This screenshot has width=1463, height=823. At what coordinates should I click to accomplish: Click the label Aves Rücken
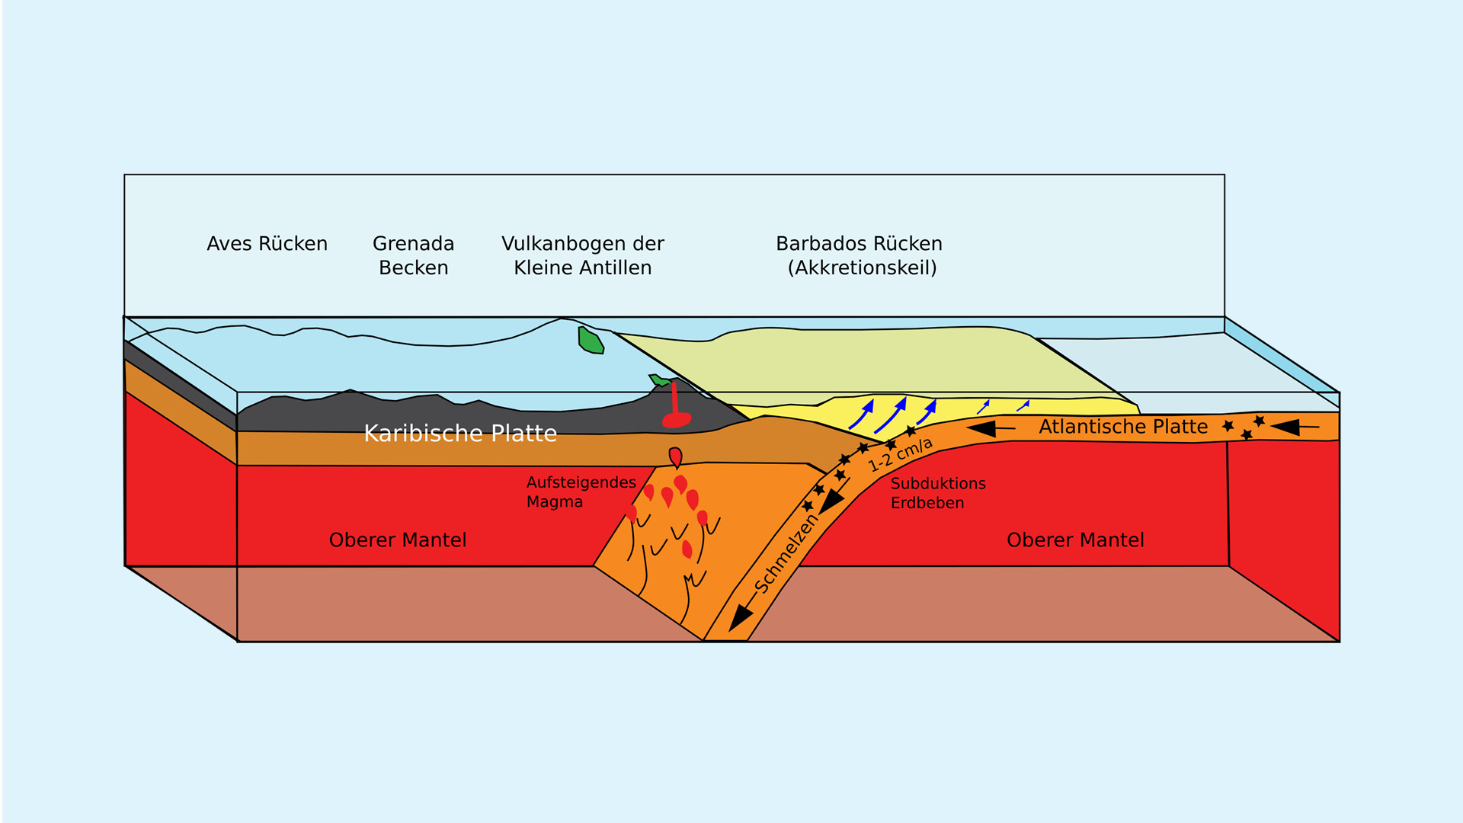click(x=267, y=244)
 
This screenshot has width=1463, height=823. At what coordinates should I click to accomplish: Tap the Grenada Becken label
click(x=413, y=255)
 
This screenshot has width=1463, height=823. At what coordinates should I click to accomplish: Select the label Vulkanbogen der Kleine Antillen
click(x=582, y=255)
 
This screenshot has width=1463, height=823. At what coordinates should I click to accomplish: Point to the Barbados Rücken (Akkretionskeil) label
click(x=860, y=255)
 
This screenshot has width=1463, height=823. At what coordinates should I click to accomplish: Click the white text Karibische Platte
click(x=460, y=433)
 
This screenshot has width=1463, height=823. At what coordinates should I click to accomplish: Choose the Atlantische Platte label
click(x=1123, y=427)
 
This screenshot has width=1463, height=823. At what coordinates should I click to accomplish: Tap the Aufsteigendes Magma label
click(x=581, y=492)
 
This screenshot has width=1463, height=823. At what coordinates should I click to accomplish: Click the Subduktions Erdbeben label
click(x=937, y=493)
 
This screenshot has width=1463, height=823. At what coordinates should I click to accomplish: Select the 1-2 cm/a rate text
click(x=900, y=455)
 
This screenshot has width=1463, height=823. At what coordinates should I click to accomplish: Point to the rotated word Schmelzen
click(x=786, y=554)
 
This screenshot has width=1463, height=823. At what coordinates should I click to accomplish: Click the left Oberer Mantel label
click(x=397, y=540)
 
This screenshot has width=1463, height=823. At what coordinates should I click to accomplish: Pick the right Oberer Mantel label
click(x=1075, y=540)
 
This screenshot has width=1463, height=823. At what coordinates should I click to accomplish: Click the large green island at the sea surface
click(x=591, y=341)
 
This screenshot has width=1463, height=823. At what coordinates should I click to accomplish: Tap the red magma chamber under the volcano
click(x=677, y=420)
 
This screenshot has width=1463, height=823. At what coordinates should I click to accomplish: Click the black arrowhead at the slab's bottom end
click(x=739, y=618)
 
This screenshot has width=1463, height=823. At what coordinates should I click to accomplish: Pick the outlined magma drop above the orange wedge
click(x=675, y=457)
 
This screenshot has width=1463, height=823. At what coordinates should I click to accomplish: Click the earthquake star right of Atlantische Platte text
click(x=1228, y=426)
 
